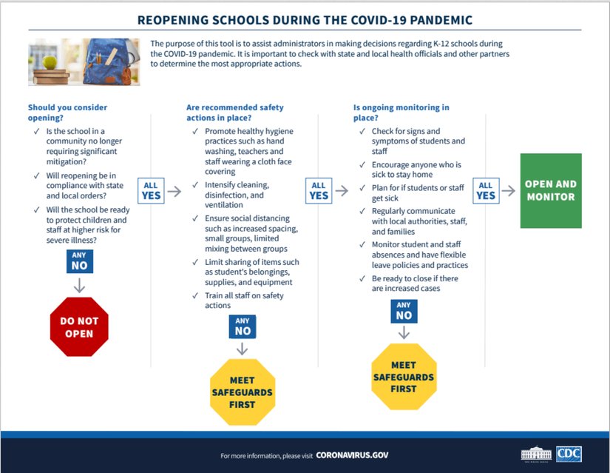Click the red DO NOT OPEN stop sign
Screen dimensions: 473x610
pyautogui.click(x=79, y=327)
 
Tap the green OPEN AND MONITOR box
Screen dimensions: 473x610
pyautogui.click(x=551, y=190)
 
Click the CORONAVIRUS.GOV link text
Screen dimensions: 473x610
pyautogui.click(x=352, y=455)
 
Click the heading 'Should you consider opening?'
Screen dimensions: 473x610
pyautogui.click(x=67, y=113)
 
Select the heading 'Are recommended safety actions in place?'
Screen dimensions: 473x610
pyautogui.click(x=234, y=113)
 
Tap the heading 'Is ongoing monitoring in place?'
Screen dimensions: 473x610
pyautogui.click(x=401, y=113)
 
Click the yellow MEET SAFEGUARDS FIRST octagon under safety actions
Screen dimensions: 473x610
pyautogui.click(x=242, y=392)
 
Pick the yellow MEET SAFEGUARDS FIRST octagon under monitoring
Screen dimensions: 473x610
pyautogui.click(x=404, y=376)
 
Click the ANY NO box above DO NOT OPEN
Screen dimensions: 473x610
pyautogui.click(x=79, y=261)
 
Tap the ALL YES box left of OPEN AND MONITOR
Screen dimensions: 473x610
pyautogui.click(x=486, y=191)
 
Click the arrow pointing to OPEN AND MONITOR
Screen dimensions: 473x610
pyautogui.click(x=509, y=191)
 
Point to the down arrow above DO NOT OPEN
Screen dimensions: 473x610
pyautogui.click(x=79, y=285)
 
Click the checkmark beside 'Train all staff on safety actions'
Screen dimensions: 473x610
pyautogui.click(x=194, y=296)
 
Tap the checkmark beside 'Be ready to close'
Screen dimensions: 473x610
pyautogui.click(x=362, y=279)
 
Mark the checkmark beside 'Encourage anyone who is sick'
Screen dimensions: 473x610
pyautogui.click(x=362, y=165)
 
